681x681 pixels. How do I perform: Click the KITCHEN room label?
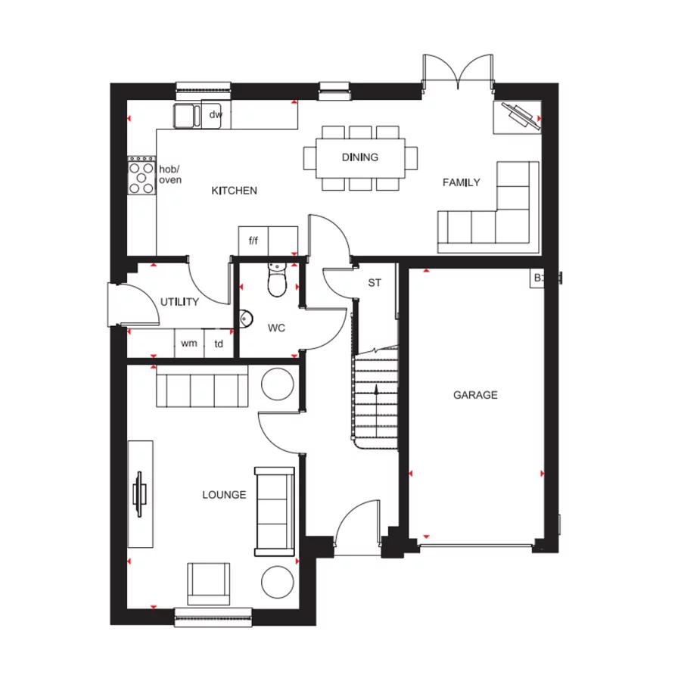pyautogui.click(x=234, y=191)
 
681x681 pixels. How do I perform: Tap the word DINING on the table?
pyautogui.click(x=360, y=157)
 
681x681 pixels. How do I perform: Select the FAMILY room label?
pyautogui.click(x=462, y=182)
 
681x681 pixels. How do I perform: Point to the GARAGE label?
pyautogui.click(x=475, y=395)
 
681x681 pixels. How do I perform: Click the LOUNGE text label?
pyautogui.click(x=224, y=495)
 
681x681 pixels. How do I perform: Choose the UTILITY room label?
pyautogui.click(x=179, y=302)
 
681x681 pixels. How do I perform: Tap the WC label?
pyautogui.click(x=276, y=328)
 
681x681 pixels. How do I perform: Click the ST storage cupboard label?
pyautogui.click(x=374, y=283)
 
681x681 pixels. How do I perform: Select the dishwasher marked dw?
pyautogui.click(x=216, y=115)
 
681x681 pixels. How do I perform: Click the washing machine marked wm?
pyautogui.click(x=188, y=344)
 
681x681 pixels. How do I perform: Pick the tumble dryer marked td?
pyautogui.click(x=218, y=344)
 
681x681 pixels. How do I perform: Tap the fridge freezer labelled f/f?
pyautogui.click(x=253, y=241)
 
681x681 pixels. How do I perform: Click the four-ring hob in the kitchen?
pyautogui.click(x=141, y=176)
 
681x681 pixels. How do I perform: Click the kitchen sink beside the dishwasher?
pyautogui.click(x=186, y=116)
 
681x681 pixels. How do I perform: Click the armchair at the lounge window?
pyautogui.click(x=209, y=583)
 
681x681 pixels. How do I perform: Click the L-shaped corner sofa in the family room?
pyautogui.click(x=492, y=216)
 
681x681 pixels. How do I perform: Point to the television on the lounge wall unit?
pyautogui.click(x=140, y=493)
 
